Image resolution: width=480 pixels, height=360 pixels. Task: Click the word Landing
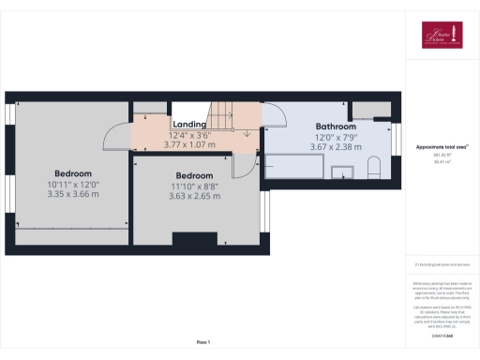click(x=189, y=124)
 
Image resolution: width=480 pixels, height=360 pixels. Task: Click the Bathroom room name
click(x=336, y=127)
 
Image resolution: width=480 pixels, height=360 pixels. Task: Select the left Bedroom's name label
click(x=72, y=173)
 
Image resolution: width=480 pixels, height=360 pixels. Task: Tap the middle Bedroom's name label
click(x=195, y=175)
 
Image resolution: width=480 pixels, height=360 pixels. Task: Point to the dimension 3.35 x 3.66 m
click(x=72, y=194)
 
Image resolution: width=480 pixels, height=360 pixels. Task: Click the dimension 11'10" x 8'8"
click(x=195, y=186)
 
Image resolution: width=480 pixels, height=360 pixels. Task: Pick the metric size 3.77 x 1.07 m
click(x=189, y=144)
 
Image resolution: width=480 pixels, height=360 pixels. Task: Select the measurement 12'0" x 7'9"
click(x=336, y=137)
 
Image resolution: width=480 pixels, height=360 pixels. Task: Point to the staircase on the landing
click(x=222, y=116)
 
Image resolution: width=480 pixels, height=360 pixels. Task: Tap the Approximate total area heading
click(x=441, y=147)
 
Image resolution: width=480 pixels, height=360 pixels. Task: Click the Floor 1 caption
click(x=202, y=340)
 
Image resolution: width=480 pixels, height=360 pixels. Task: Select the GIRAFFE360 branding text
click(x=441, y=335)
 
